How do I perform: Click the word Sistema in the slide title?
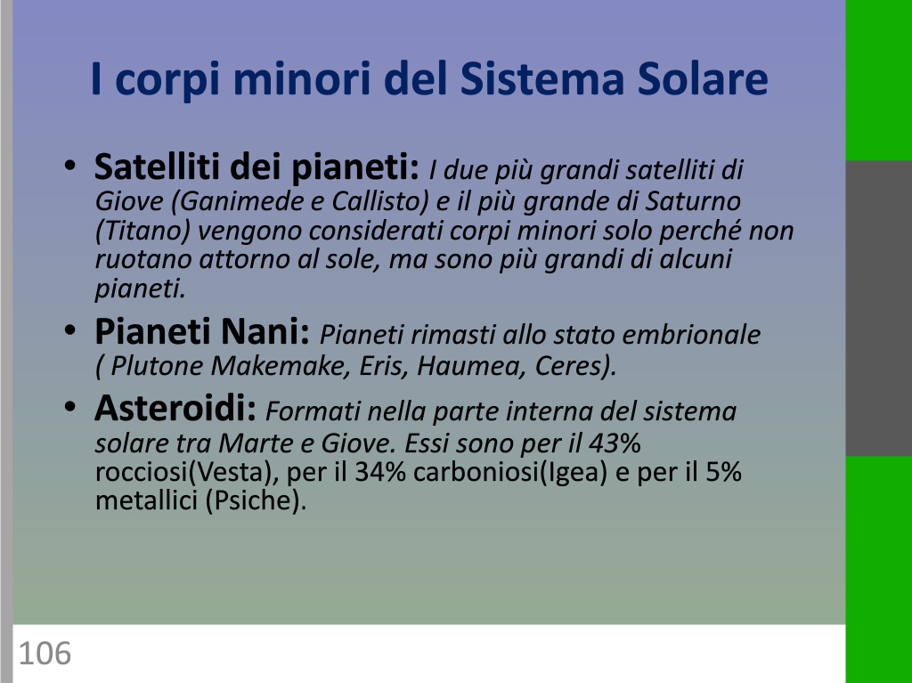[542, 78]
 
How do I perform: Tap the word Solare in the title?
[703, 78]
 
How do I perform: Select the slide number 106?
[45, 653]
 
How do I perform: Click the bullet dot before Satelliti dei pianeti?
[69, 166]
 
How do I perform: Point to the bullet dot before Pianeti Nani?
[69, 330]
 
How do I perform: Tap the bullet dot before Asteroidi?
[69, 407]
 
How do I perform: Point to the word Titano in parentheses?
[143, 231]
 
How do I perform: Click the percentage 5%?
[723, 472]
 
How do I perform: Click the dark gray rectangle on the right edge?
[879, 308]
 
